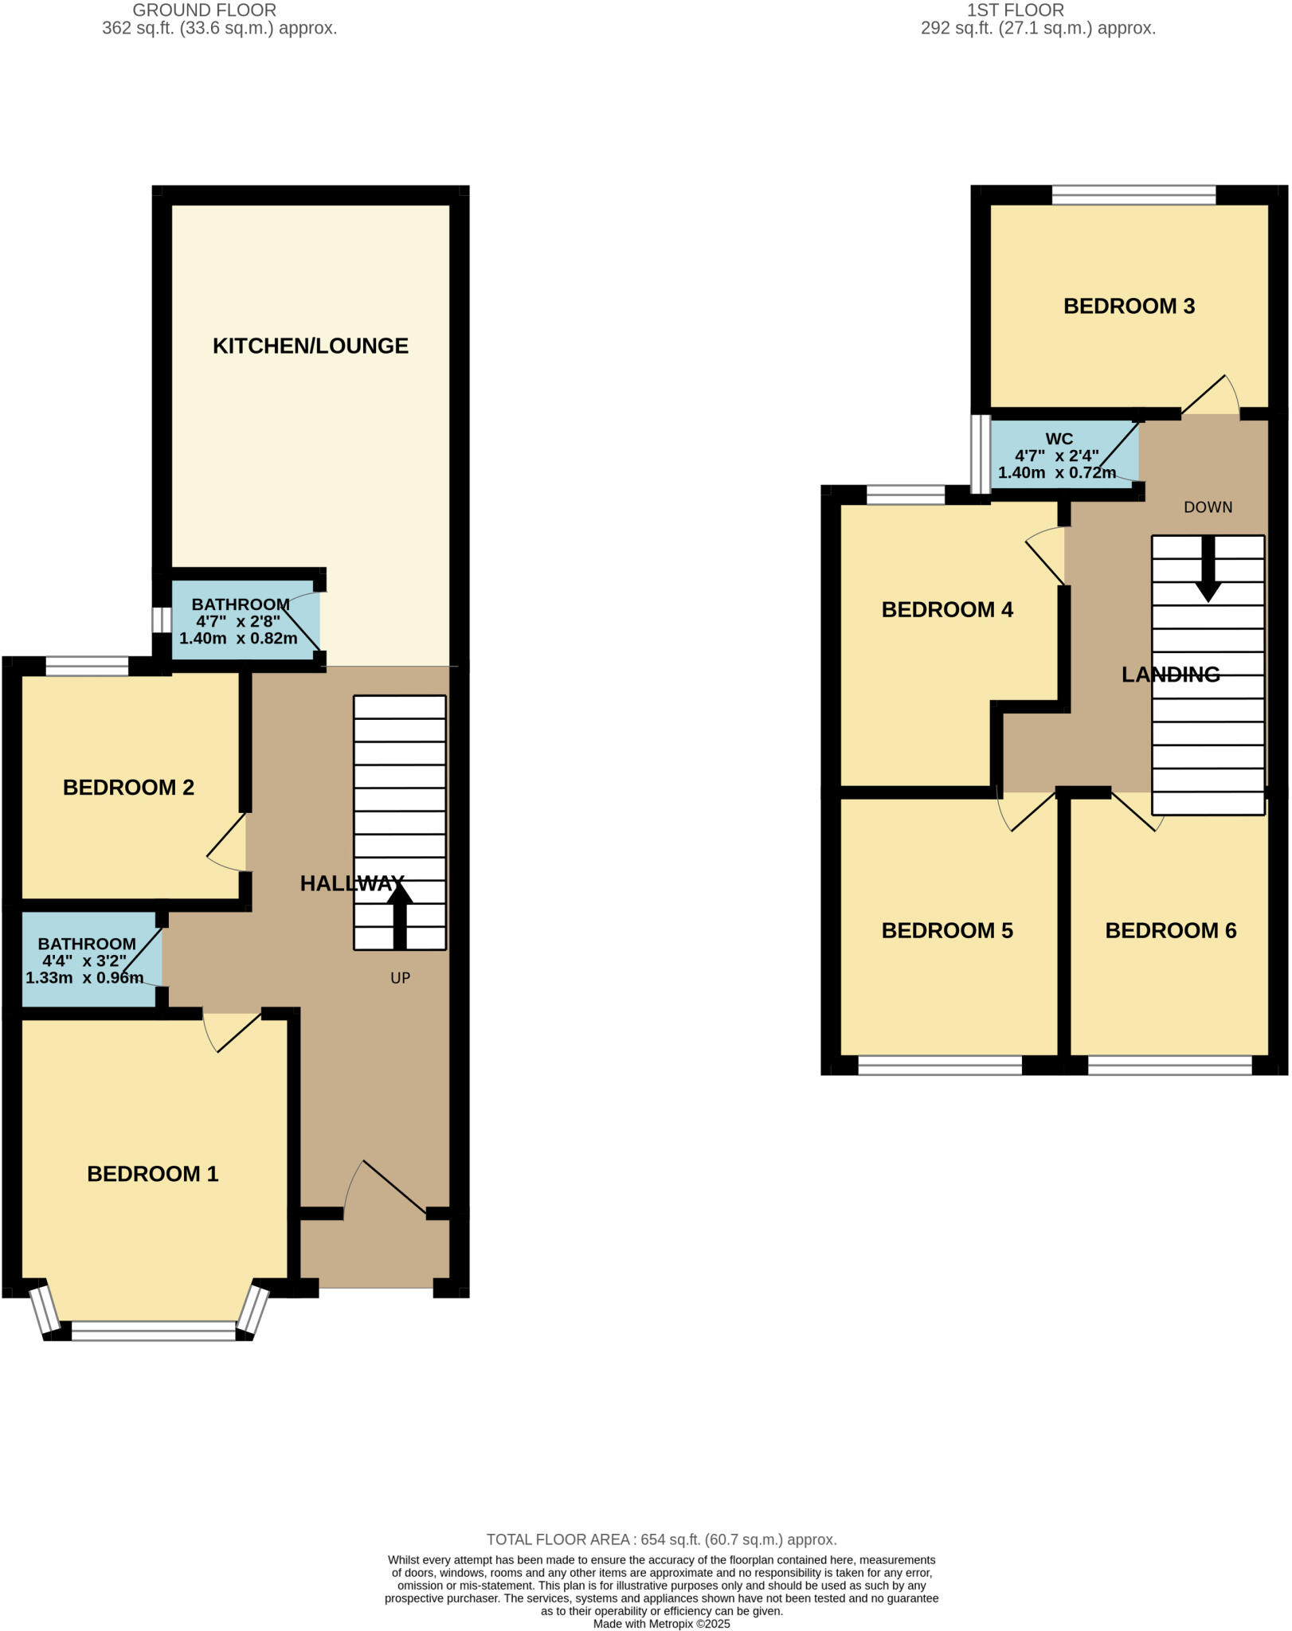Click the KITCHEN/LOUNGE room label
(310, 346)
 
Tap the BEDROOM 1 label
(152, 1173)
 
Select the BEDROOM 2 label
(128, 787)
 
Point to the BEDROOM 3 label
(1129, 306)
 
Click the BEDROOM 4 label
(947, 609)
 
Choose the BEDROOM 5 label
(947, 930)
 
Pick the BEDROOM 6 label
(1170, 930)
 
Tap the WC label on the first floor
(1059, 439)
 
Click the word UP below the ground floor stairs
(400, 977)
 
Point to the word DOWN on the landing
(1208, 507)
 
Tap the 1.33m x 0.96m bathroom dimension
(85, 977)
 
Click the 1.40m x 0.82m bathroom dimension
(238, 638)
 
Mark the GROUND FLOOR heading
(205, 10)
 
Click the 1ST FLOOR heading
(1015, 10)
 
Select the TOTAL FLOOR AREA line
(661, 1539)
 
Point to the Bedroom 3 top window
(1133, 195)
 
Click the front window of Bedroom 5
(940, 1065)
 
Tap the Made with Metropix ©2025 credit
(661, 1624)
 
